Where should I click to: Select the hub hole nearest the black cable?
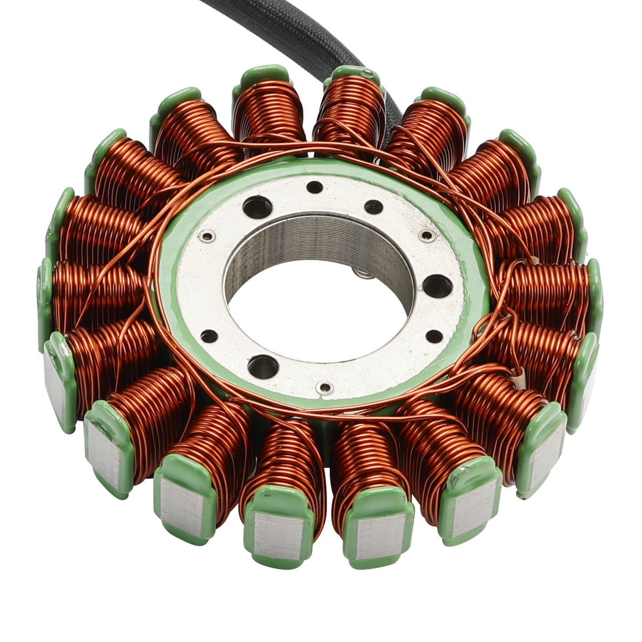tap(315, 186)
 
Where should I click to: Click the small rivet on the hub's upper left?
tap(206, 236)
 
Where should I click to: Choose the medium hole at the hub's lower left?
tap(206, 335)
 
